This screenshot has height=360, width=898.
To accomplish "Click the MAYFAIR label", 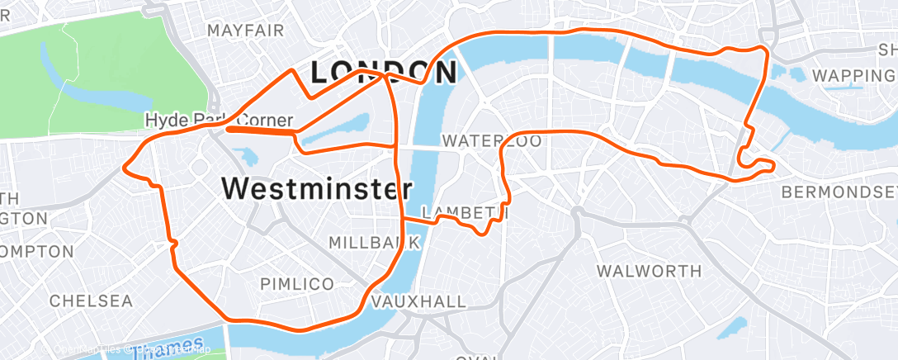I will (x=245, y=31).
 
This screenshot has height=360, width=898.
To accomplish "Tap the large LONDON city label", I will (x=382, y=72).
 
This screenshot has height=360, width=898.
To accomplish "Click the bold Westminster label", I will (x=316, y=189).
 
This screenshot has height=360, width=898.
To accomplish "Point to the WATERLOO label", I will (x=491, y=141).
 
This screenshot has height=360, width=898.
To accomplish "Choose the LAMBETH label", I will (x=463, y=213).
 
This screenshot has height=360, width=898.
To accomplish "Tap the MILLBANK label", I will (x=376, y=243).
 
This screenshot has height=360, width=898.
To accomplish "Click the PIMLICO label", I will (x=297, y=284).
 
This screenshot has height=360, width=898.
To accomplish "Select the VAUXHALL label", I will (x=418, y=301).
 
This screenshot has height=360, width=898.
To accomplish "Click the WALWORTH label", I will (x=649, y=271).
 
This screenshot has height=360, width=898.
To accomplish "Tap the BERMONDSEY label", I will (x=838, y=192).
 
